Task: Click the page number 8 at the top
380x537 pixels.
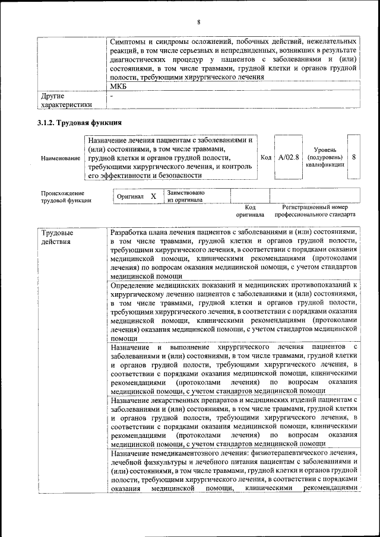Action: (x=199, y=23)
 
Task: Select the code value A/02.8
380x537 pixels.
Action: (x=289, y=157)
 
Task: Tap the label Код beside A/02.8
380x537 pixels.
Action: (x=266, y=157)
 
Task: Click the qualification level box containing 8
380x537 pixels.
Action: (x=354, y=157)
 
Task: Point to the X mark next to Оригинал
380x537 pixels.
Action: (x=153, y=196)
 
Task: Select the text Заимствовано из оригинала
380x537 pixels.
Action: (x=186, y=196)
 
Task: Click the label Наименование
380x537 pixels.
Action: (x=61, y=158)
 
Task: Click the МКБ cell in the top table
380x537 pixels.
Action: (x=119, y=87)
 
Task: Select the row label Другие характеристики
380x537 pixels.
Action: (x=65, y=100)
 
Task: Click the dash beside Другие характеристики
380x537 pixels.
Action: (x=112, y=96)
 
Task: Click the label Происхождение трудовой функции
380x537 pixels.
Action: (x=65, y=196)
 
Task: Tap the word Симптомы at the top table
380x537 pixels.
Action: (x=128, y=42)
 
